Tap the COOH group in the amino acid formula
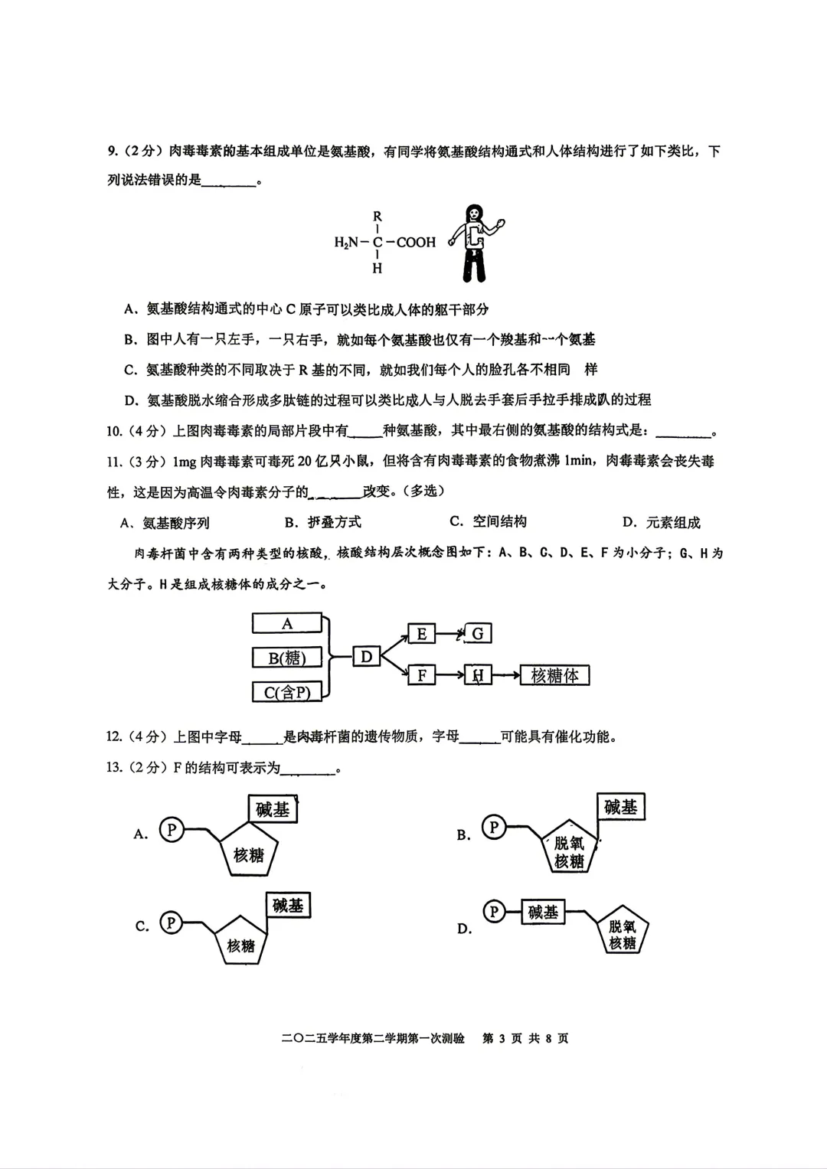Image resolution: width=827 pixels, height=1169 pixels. point(416,242)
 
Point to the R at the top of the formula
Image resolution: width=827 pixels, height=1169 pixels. point(378,217)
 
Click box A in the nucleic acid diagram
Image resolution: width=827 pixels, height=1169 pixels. point(287,624)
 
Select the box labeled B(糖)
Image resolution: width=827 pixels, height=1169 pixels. point(287,658)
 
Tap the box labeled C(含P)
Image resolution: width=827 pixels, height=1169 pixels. point(287,692)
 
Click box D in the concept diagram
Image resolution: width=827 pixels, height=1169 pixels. point(366,657)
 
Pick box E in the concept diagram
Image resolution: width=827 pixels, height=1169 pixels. point(421,634)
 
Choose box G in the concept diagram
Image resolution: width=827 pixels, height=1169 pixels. point(478,634)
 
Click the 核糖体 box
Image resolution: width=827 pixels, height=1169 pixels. point(554,675)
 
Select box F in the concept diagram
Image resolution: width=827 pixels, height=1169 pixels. point(421,675)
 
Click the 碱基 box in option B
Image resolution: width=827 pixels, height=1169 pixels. point(620,808)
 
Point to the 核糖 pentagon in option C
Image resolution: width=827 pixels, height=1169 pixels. point(240,940)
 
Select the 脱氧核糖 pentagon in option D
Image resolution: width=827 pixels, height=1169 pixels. point(623,932)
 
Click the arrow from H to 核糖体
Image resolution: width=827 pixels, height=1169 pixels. point(505,675)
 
